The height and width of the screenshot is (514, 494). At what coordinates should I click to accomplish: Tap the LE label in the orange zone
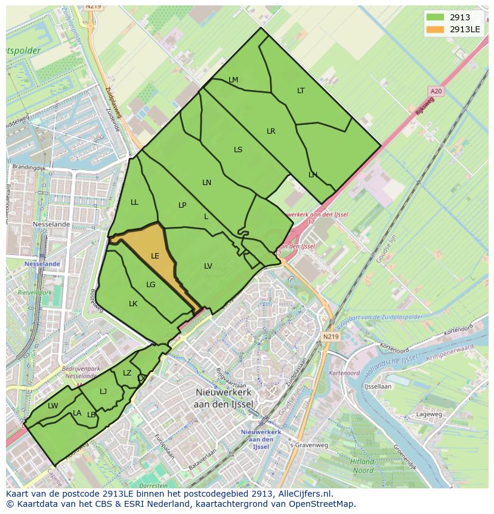(x=155, y=256)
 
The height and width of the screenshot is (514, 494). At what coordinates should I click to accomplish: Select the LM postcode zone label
(x=233, y=80)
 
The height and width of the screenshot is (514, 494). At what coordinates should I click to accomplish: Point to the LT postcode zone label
(x=301, y=91)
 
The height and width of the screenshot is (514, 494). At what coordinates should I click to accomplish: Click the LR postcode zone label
(x=271, y=131)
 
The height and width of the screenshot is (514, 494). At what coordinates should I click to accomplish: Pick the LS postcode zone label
(x=238, y=150)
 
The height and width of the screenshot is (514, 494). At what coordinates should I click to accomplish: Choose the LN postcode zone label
(x=206, y=183)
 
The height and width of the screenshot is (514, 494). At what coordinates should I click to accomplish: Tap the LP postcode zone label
(x=183, y=205)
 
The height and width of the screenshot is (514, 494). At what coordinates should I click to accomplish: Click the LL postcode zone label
(x=134, y=202)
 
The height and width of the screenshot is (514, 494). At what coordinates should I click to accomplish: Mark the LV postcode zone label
(x=208, y=266)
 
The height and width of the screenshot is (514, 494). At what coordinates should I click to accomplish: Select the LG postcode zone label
(x=150, y=285)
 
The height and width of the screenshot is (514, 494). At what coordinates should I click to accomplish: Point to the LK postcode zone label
(x=133, y=304)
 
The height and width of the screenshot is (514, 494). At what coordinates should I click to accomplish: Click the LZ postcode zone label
(x=127, y=373)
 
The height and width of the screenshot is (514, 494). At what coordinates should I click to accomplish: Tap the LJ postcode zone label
(x=103, y=392)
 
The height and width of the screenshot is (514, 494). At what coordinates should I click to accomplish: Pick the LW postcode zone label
(x=53, y=406)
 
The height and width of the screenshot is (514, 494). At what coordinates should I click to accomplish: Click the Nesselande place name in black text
(x=51, y=224)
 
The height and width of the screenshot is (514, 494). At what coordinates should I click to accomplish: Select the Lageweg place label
(x=429, y=414)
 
